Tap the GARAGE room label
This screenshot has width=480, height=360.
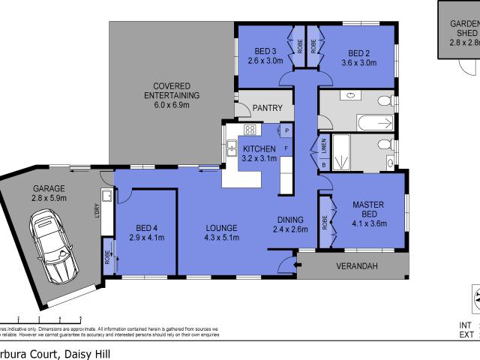[x=49, y=188]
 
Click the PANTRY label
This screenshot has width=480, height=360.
[x=267, y=108]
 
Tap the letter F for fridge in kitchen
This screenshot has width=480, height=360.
[x=286, y=149]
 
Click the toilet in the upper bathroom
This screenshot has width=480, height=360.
[x=385, y=100]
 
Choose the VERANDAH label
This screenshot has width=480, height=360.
[x=352, y=268]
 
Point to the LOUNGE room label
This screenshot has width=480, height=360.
[x=222, y=228]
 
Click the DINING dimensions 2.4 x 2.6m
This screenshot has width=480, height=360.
[x=290, y=229]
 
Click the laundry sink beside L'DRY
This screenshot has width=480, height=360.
[x=108, y=196]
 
